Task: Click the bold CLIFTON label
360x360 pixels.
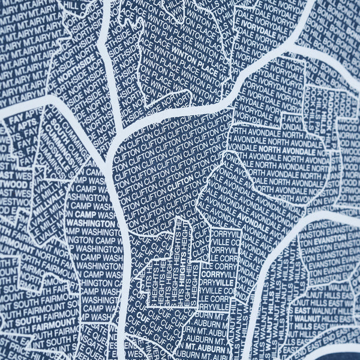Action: pyautogui.click(x=182, y=186)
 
